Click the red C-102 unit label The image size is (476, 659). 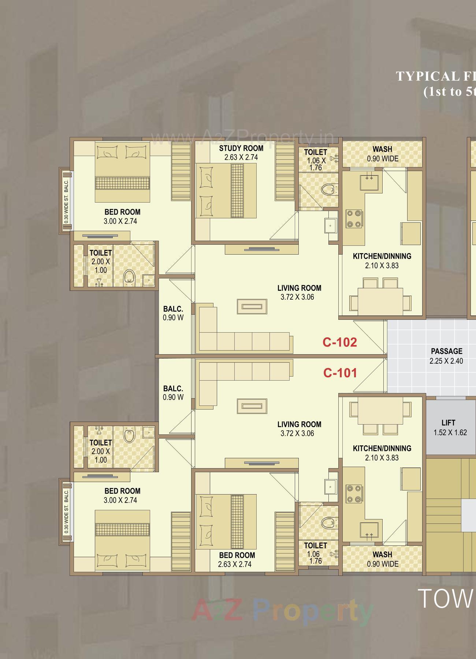[x=339, y=342]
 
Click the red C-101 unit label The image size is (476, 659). [x=340, y=373]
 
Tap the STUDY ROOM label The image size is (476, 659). [x=241, y=148]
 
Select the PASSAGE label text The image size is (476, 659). [x=446, y=351]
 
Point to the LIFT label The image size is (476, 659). [x=448, y=423]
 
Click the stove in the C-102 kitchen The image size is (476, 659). [x=354, y=219]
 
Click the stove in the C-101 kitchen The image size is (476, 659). [x=354, y=493]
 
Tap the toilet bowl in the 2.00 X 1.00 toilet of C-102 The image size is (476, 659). [x=129, y=277]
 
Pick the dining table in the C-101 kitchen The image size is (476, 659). [x=380, y=411]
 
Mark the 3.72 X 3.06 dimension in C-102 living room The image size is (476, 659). [x=297, y=297]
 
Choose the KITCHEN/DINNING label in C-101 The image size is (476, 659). [x=382, y=448]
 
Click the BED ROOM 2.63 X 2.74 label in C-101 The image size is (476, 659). [x=237, y=560]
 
